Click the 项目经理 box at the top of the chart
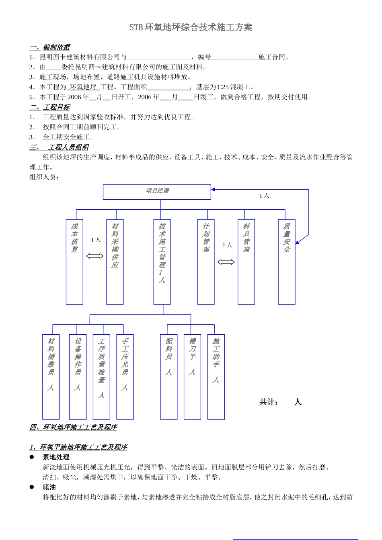157,192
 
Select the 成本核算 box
74,262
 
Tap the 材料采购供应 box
115,262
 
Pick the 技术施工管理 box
162,262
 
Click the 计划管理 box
206,262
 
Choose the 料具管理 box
246,262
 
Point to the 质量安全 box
287,262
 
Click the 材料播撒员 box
51,377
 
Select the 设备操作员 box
78,377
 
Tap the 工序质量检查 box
101,377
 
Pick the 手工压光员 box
125,377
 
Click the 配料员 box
169,377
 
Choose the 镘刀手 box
192,377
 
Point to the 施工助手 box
216,377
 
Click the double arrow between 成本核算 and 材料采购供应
95,256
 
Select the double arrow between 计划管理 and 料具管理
226,262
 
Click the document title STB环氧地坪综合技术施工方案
191,27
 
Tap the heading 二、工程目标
49,107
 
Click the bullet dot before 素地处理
32,457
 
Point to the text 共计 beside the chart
269,402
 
